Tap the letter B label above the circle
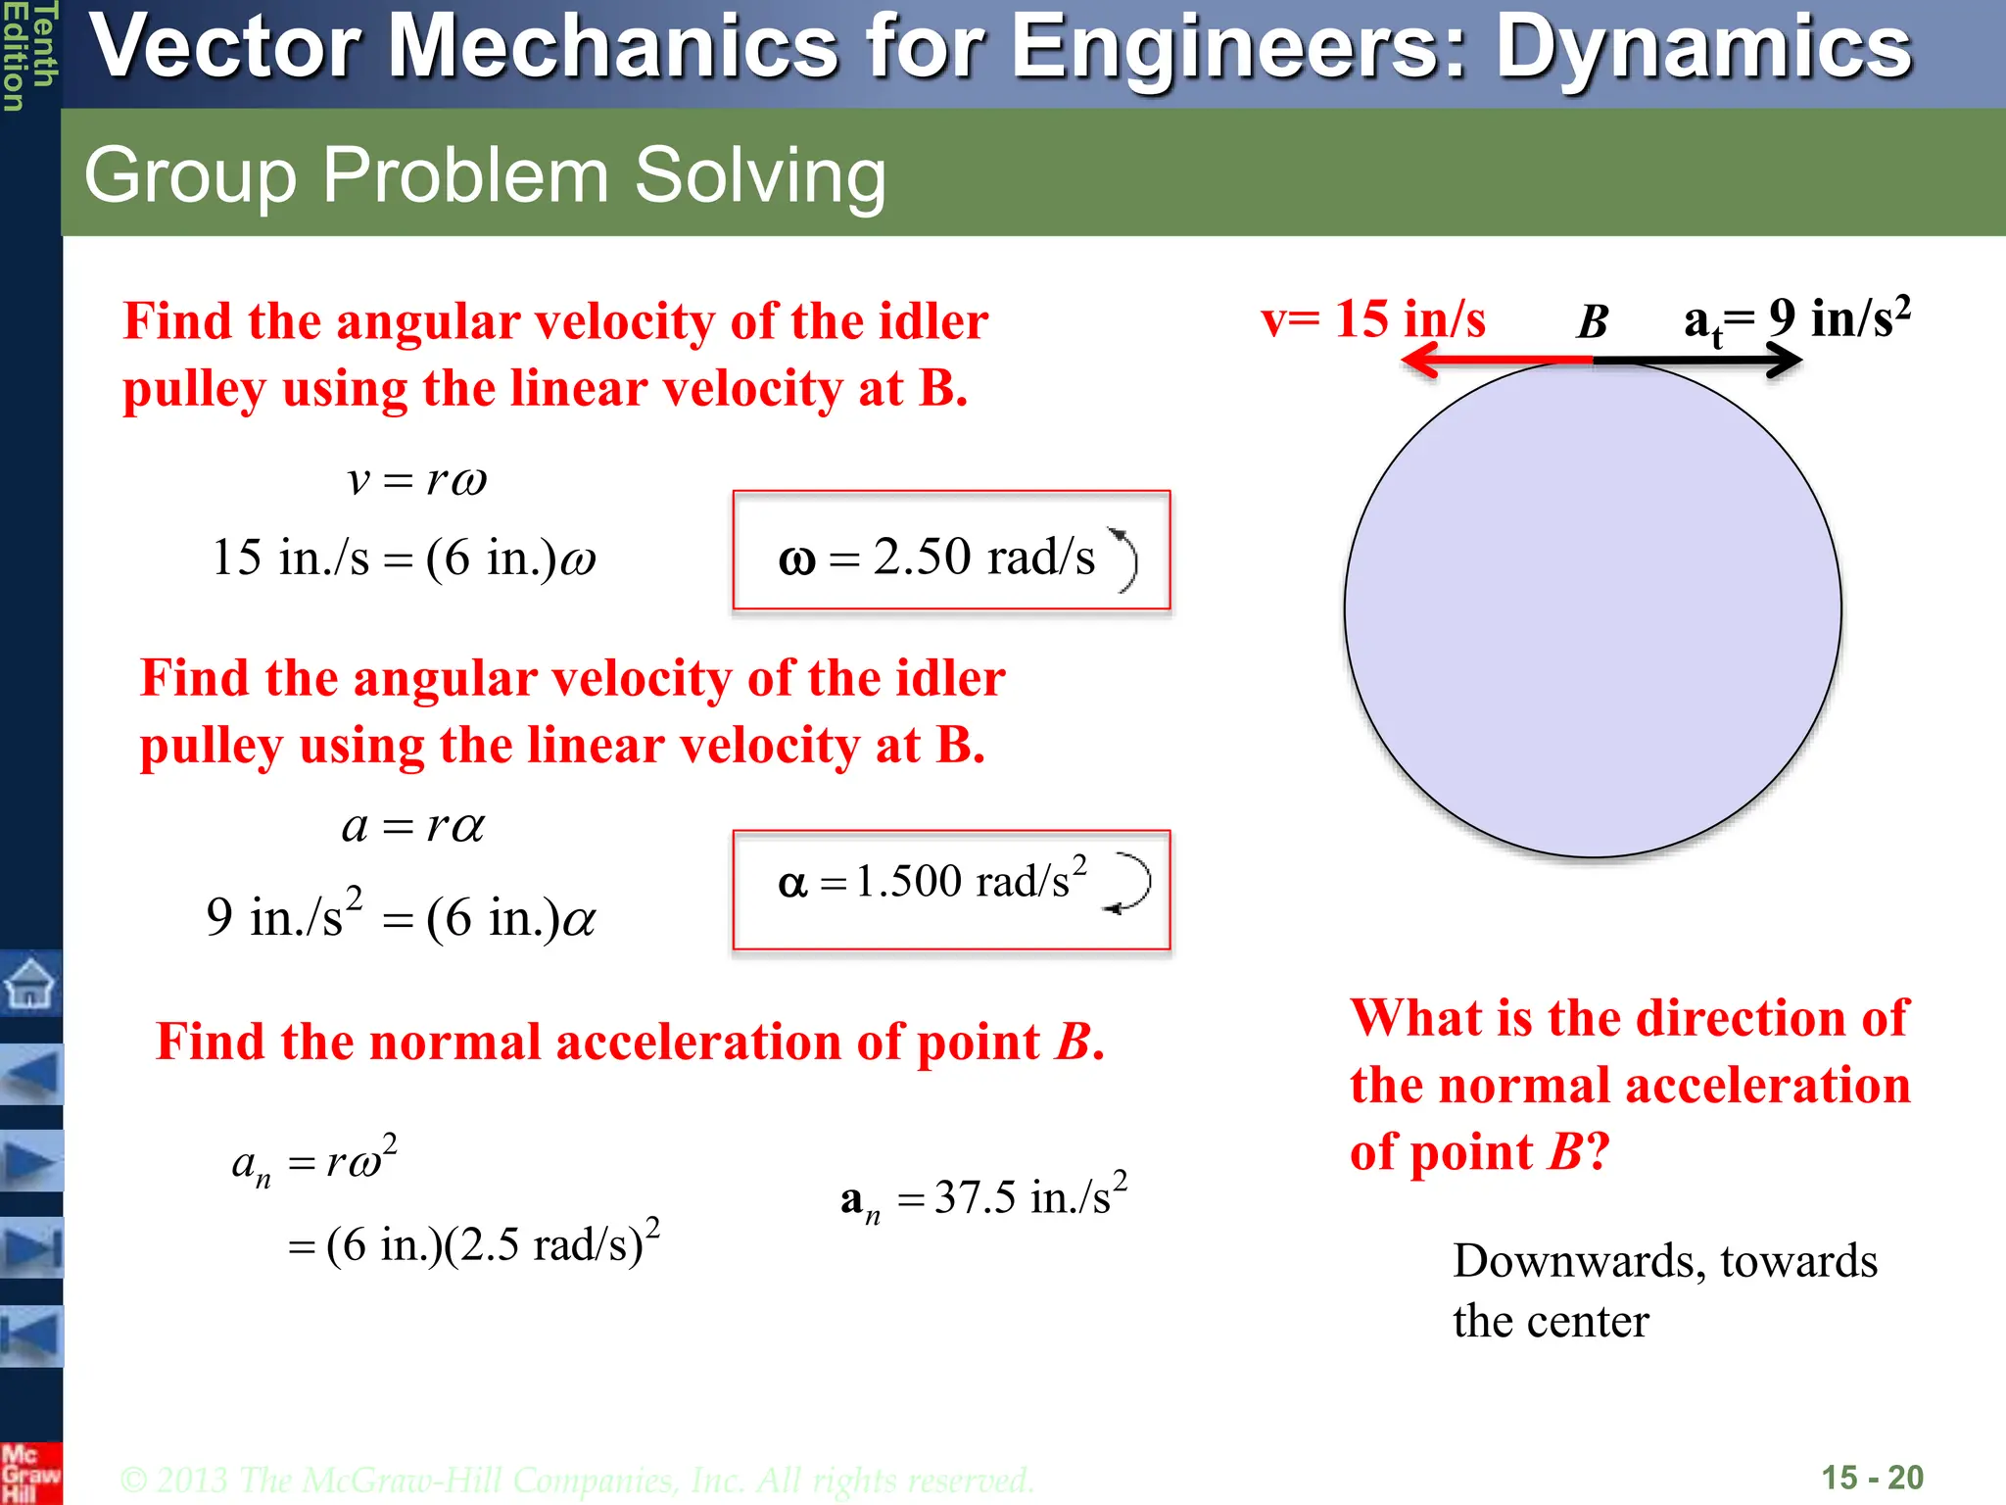point(1593,321)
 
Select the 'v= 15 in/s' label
point(1372,319)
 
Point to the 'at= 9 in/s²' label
point(1796,319)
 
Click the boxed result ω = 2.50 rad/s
point(951,551)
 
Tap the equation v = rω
point(417,480)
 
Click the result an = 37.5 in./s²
point(983,1197)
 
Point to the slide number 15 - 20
point(1872,1477)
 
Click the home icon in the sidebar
point(31,982)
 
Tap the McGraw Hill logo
point(30,1473)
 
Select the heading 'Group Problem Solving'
point(485,175)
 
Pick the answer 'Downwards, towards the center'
point(1663,1289)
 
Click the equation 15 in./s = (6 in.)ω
point(404,558)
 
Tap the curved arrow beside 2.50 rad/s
point(1123,558)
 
